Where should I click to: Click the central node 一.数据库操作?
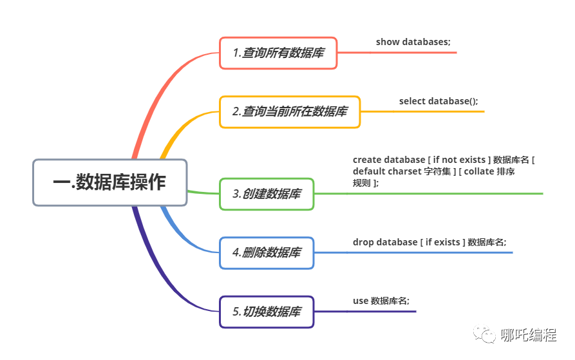click(109, 183)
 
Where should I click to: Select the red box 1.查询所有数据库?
click(278, 53)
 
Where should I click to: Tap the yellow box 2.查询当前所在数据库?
click(290, 111)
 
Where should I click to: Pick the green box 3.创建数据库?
click(267, 194)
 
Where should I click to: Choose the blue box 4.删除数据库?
click(267, 252)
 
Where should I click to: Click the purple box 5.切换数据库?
click(267, 312)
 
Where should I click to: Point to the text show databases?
click(413, 42)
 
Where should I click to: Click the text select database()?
click(438, 101)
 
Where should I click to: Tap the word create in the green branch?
click(367, 159)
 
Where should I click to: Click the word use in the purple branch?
click(361, 301)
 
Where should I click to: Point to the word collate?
click(480, 171)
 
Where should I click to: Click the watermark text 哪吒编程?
click(529, 336)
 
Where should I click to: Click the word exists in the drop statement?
click(447, 242)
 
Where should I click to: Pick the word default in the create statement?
click(368, 171)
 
